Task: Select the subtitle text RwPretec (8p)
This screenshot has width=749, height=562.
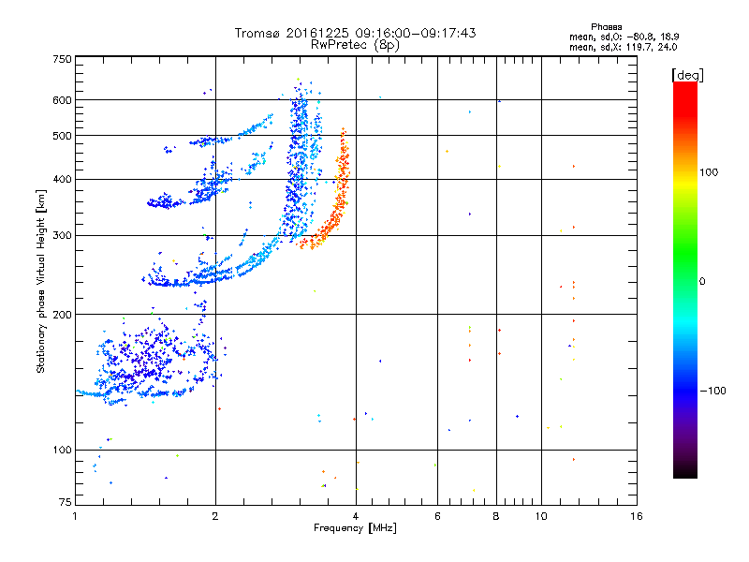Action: pyautogui.click(x=356, y=44)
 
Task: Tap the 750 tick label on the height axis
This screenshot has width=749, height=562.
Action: pyautogui.click(x=62, y=58)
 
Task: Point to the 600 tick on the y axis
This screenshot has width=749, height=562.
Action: pyautogui.click(x=62, y=100)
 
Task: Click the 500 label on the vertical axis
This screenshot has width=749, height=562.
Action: pyautogui.click(x=62, y=136)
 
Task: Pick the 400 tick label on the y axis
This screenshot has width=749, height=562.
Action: pyautogui.click(x=62, y=179)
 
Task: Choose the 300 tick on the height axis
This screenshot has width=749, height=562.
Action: pyautogui.click(x=62, y=235)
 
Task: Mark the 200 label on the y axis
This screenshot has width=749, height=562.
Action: pyautogui.click(x=62, y=315)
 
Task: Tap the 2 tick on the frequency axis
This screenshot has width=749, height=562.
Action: pyautogui.click(x=215, y=516)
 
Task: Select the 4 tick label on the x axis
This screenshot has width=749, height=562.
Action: pyautogui.click(x=356, y=516)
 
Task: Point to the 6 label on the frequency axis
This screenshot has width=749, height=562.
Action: pyautogui.click(x=437, y=516)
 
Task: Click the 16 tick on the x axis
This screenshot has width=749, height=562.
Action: pyautogui.click(x=636, y=516)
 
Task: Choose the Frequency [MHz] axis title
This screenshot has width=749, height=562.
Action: pyautogui.click(x=355, y=528)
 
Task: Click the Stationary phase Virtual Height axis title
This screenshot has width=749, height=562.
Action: pyautogui.click(x=41, y=281)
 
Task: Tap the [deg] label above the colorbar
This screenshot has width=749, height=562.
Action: pyautogui.click(x=689, y=74)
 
